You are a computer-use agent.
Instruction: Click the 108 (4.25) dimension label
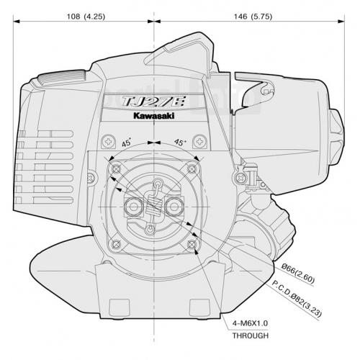(x=86, y=17)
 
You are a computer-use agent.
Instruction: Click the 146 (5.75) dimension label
(x=253, y=17)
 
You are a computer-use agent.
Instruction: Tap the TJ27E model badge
(x=154, y=102)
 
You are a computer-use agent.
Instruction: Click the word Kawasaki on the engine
(x=154, y=116)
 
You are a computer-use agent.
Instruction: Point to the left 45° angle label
(x=127, y=143)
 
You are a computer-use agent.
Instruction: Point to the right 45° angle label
(x=180, y=142)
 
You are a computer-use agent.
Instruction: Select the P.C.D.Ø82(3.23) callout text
(x=297, y=298)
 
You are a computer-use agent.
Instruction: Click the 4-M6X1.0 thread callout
(x=250, y=323)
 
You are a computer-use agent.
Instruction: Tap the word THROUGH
(x=251, y=336)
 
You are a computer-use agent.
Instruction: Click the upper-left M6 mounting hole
(x=117, y=169)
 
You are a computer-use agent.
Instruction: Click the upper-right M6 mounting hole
(x=192, y=169)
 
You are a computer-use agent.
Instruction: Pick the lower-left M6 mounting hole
(x=117, y=245)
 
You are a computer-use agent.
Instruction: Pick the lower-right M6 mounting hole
(x=192, y=245)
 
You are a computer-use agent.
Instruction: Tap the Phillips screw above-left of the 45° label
(x=109, y=142)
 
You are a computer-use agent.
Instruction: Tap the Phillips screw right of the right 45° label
(x=200, y=142)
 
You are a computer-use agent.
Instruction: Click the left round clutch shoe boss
(x=133, y=207)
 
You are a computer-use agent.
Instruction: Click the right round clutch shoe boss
(x=174, y=207)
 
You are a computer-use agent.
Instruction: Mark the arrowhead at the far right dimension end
(x=341, y=22)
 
